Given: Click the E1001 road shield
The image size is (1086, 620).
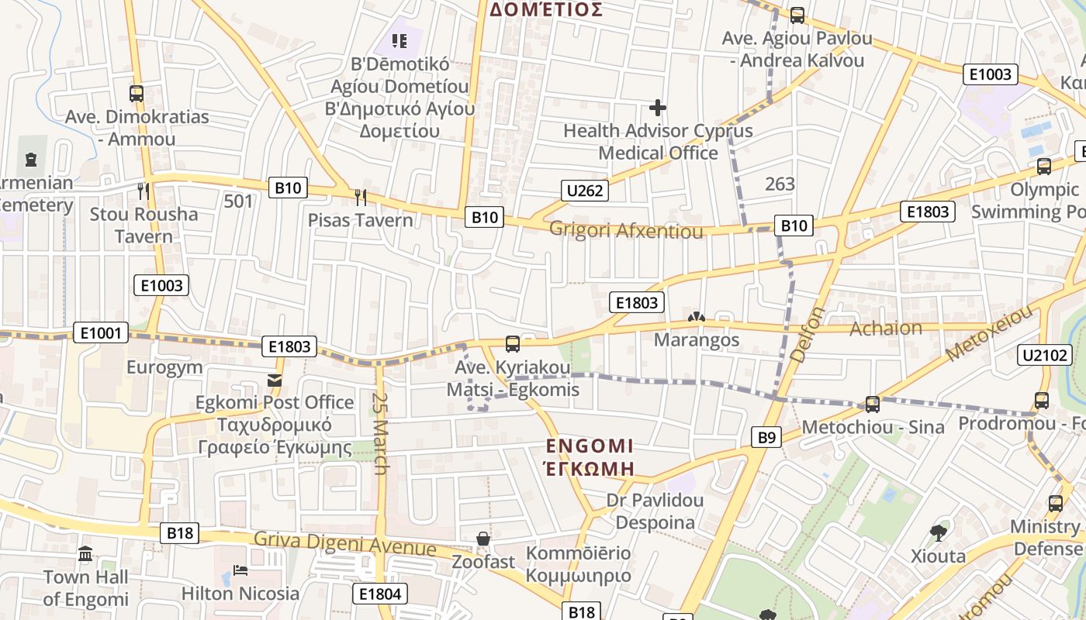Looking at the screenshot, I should tap(101, 333).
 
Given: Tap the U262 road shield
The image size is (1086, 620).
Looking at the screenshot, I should tap(585, 191).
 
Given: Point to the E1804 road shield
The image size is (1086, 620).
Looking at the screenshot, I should tap(380, 594).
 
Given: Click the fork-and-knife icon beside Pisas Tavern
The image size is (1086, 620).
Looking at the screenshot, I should tap(360, 197).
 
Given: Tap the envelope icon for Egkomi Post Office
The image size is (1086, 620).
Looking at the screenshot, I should tap(275, 381).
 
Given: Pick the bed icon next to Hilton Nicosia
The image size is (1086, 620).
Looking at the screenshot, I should tap(240, 571).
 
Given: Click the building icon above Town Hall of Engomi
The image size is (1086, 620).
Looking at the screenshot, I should tap(85, 554).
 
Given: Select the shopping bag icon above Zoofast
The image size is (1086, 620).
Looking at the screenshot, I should tap(483, 539).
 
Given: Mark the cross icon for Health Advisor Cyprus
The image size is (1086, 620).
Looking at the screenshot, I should tap(658, 108).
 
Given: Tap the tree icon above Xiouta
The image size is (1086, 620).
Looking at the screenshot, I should tap(938, 533).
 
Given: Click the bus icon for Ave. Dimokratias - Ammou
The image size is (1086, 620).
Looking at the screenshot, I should tap(137, 94).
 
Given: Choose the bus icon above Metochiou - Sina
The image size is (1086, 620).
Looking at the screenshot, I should tap(873, 404).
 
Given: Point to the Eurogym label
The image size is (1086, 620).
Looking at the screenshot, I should tap(164, 367).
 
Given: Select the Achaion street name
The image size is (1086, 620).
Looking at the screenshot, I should tap(886, 328).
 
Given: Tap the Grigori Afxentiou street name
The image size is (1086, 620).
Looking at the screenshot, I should tap(626, 231).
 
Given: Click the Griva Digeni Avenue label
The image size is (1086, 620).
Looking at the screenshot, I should tap(345, 544).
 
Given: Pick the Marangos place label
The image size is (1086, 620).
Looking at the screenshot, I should tap(697, 340).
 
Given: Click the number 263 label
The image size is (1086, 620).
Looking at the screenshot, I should tap(780, 184).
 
